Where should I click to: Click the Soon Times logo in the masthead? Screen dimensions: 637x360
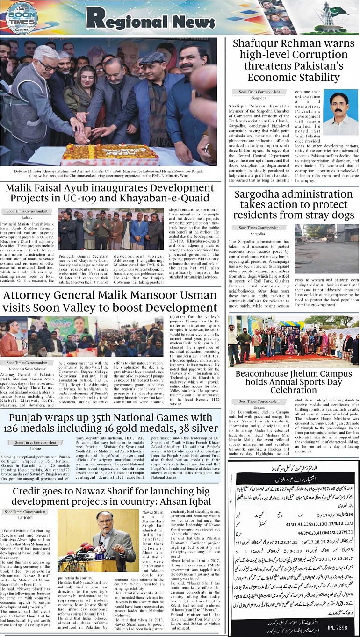[x=22, y=18]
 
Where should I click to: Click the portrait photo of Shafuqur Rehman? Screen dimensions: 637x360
[x=340, y=113]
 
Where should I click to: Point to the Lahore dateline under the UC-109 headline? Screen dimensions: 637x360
[x=27, y=217]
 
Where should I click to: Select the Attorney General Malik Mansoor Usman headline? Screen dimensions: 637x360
[x=110, y=301]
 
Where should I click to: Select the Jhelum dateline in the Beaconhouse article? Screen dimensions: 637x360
[x=259, y=407]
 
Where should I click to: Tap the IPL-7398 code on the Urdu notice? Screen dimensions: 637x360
[x=337, y=627]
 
